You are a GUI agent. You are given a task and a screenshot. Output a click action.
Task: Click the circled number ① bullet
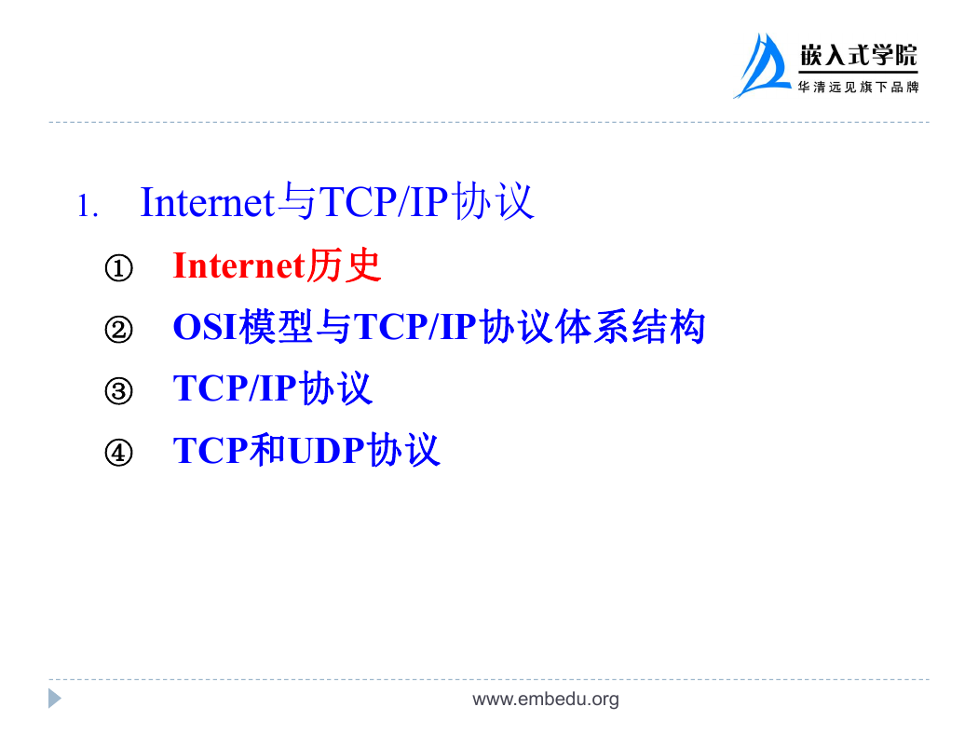pos(118,268)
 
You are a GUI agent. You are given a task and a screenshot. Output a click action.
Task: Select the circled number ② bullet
pos(118,329)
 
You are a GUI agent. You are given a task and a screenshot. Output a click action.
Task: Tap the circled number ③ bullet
pos(118,391)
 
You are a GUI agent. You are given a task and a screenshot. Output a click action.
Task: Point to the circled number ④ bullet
pos(118,452)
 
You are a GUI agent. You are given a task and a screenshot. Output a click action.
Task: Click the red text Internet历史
pos(277,265)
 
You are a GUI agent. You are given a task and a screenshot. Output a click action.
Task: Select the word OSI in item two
pos(205,327)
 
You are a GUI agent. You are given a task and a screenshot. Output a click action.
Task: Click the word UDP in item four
pos(326,450)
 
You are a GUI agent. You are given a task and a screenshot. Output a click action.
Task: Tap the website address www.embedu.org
pos(546,700)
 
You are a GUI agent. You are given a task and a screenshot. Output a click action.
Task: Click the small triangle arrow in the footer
pos(55,699)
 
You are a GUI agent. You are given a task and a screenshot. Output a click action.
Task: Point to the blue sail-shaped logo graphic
pos(762,66)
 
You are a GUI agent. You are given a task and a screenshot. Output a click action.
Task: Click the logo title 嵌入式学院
pos(858,56)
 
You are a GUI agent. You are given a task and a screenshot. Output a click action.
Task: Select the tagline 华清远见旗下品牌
pos(858,88)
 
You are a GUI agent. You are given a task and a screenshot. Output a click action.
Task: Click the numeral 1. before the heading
pos(88,206)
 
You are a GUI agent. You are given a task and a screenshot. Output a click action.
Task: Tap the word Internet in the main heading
pos(208,202)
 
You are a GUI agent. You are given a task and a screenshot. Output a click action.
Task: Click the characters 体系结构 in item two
pos(631,327)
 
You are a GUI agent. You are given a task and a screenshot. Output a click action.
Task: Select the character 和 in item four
pos(267,450)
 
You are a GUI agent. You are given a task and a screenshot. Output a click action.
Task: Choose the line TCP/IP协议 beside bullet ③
pos(273,387)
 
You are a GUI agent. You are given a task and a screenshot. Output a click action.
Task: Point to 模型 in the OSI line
pos(276,327)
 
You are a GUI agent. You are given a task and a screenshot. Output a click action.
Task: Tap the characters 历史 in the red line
pos(345,265)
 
